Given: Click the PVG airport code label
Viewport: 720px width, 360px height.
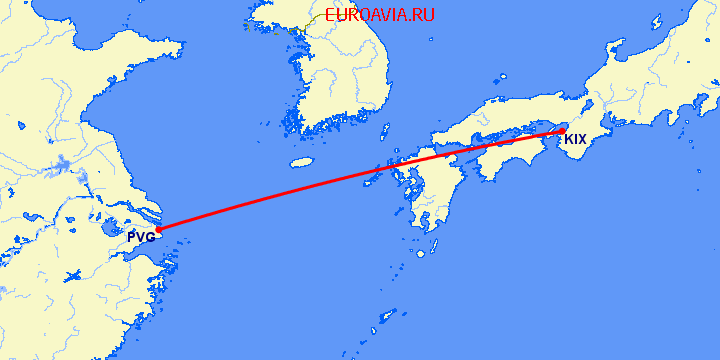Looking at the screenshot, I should [x=141, y=238].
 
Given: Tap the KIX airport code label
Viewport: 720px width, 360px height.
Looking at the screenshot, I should [x=575, y=139].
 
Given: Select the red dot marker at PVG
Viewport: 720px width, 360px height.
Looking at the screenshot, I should [x=157, y=229].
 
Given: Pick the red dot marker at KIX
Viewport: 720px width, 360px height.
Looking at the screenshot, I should [x=562, y=130].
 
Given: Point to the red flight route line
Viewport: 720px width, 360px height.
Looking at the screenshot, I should [x=360, y=180].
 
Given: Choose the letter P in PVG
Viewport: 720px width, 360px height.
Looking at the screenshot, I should [x=132, y=238].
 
